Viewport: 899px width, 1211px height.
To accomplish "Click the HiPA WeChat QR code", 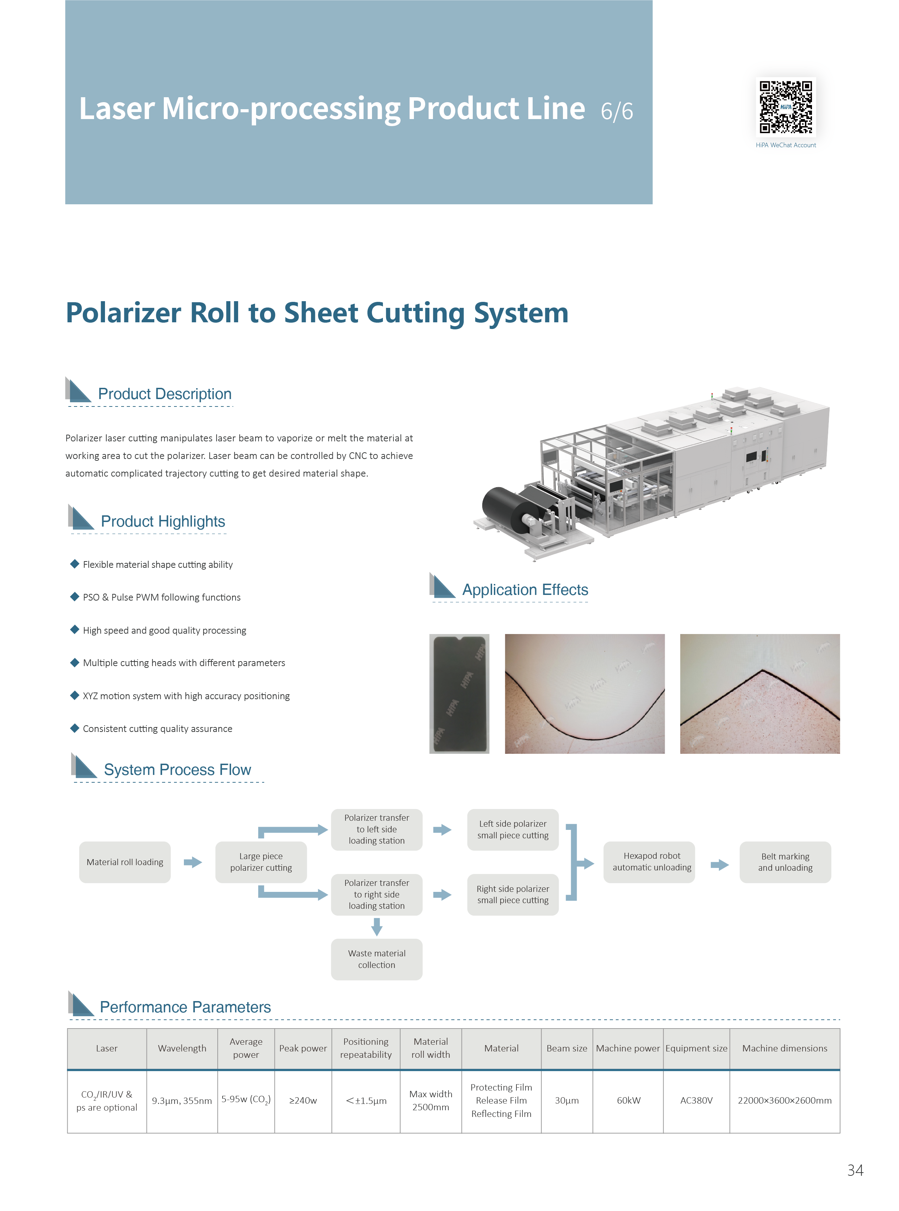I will [x=785, y=107].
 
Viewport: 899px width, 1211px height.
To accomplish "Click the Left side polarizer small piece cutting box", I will [x=513, y=829].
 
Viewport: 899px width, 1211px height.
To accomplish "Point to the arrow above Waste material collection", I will [x=377, y=926].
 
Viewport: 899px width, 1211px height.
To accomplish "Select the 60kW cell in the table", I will [x=628, y=1100].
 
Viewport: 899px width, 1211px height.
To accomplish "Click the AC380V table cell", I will [x=696, y=1100].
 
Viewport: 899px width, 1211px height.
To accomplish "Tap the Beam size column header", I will [x=566, y=1048].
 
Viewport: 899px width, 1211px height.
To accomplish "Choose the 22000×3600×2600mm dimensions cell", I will [x=784, y=1100].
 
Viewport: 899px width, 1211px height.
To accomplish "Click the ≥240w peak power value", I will [x=303, y=1100].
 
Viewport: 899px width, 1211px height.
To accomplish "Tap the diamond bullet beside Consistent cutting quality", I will [x=75, y=728].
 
